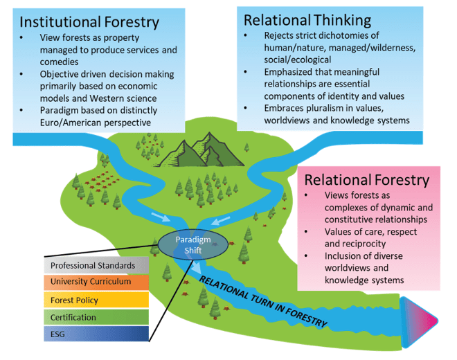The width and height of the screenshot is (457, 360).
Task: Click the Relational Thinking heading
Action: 307,19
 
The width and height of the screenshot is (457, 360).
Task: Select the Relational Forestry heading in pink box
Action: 366,180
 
